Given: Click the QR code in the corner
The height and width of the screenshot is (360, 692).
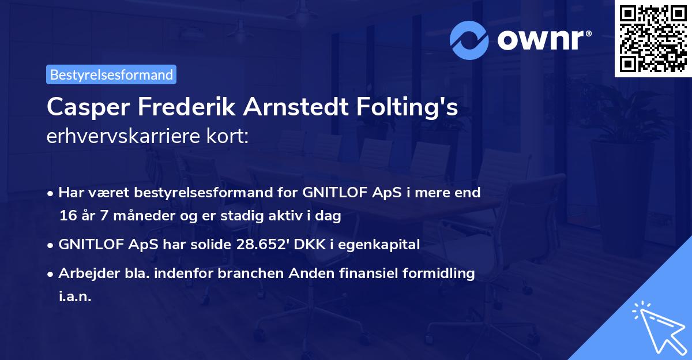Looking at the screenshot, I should (x=653, y=39).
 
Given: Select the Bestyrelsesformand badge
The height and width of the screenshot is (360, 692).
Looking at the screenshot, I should (x=111, y=74).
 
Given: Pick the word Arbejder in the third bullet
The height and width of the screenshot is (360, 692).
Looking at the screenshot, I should (x=85, y=273).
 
